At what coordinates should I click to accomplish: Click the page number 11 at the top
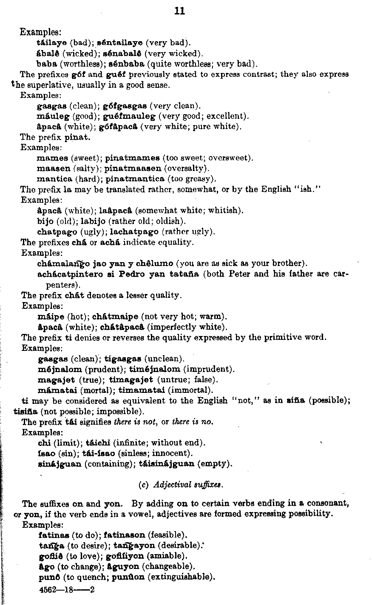pyautogui.click(x=179, y=11)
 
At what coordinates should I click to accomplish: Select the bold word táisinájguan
pyautogui.click(x=167, y=464)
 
